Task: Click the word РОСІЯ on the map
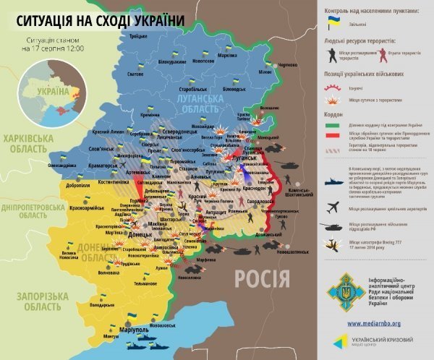pos(262,278)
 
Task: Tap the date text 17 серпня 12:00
pos(53,48)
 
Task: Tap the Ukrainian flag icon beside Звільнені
pos(333,23)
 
